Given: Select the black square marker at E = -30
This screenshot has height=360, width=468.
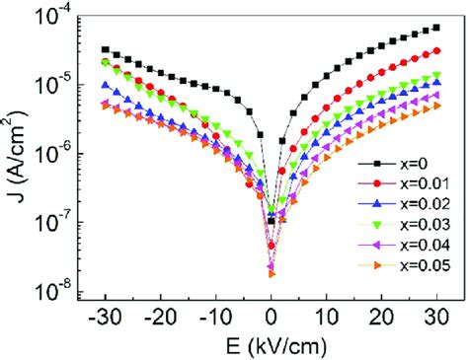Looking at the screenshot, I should point(106,49).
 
